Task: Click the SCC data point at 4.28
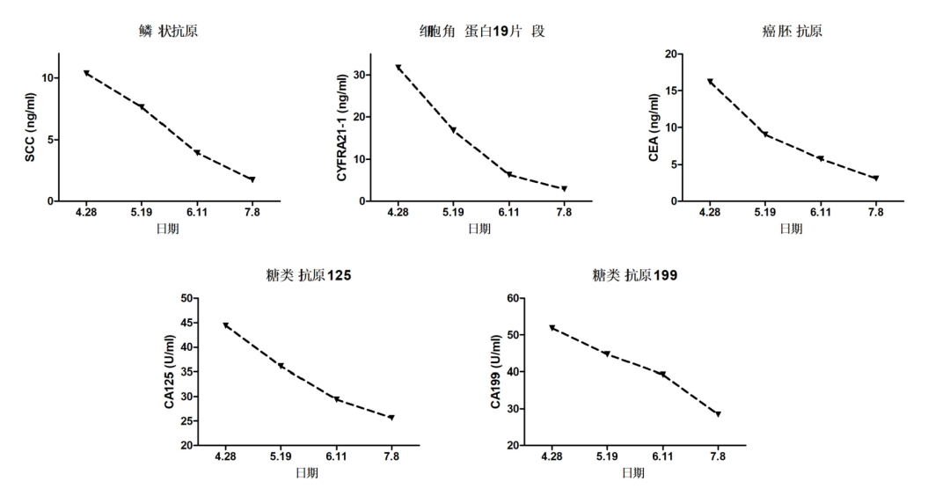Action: [85, 73]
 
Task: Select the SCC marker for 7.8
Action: [252, 179]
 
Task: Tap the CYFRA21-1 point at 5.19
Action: [453, 130]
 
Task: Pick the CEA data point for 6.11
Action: [820, 158]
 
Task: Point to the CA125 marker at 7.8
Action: [391, 418]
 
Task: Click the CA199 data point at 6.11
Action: [662, 375]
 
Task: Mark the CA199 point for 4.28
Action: [552, 328]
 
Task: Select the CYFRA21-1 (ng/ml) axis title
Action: [342, 128]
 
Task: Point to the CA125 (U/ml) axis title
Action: [170, 372]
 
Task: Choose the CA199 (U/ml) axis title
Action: [496, 372]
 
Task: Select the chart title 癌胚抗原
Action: [792, 32]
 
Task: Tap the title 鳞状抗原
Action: [168, 32]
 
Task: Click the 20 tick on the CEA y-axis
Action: [671, 54]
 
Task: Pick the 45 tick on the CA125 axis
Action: [186, 323]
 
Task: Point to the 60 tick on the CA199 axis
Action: [513, 298]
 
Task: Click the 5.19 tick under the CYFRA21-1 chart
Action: [453, 213]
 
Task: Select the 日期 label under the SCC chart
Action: [169, 229]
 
